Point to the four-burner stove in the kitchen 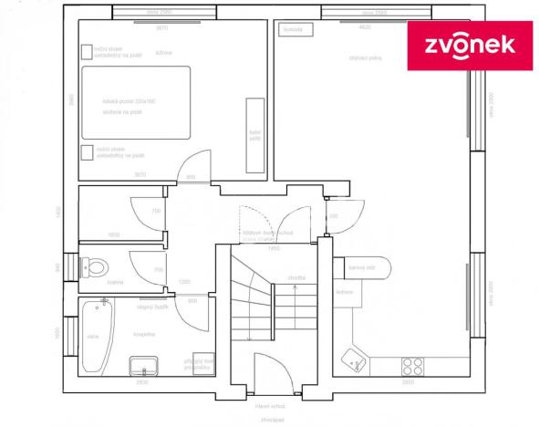point(412,364)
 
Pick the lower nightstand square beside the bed point(87,152)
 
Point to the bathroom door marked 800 point(192,315)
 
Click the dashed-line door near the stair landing point(254,223)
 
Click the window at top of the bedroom point(160,14)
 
